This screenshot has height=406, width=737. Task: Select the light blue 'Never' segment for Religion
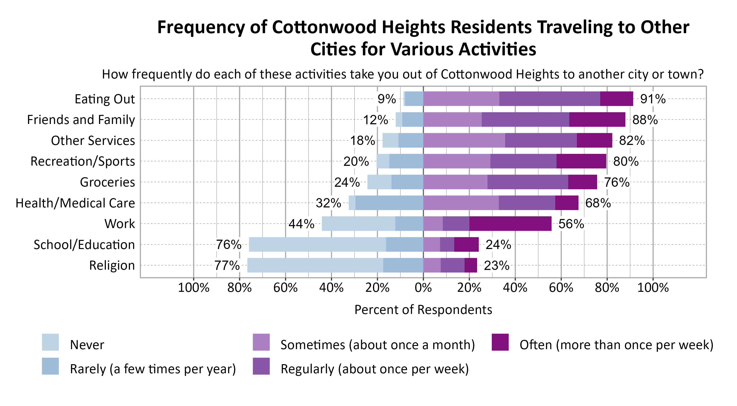coord(315,265)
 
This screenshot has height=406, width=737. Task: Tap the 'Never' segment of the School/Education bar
coord(317,244)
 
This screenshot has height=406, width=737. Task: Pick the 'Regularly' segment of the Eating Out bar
coord(549,99)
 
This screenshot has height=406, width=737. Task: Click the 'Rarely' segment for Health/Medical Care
coord(389,203)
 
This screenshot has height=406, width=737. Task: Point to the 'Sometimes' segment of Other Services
coord(464,141)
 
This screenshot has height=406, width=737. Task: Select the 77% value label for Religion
coord(227,265)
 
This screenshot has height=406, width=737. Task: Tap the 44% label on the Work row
coord(301,224)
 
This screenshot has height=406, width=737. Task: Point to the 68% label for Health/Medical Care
coord(598,203)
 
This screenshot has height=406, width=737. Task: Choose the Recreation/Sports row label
coord(83,161)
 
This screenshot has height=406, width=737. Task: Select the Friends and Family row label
coord(81,120)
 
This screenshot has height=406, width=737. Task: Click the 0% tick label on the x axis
coord(423,287)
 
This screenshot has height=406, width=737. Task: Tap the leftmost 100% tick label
coord(194,287)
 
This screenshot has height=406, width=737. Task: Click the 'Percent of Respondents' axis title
coord(423,310)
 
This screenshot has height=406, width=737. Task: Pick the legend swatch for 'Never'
coord(50,342)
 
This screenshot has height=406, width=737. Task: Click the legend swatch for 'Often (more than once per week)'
coord(500,342)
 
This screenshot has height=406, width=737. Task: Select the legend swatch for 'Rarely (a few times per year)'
coord(50,366)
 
